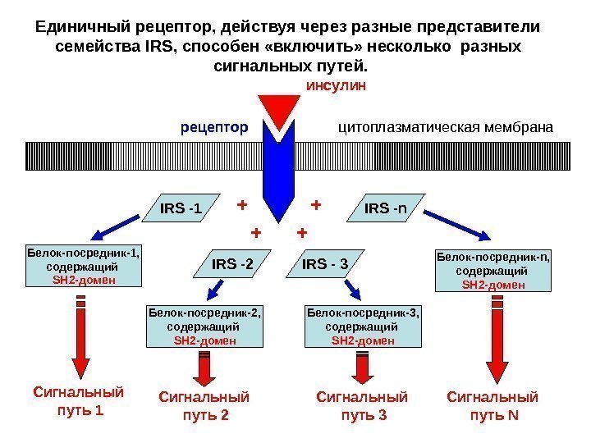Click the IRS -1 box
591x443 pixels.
(x=182, y=209)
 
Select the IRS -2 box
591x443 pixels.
(x=233, y=264)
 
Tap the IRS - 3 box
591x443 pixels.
(x=326, y=264)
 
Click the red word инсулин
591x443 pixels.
(x=336, y=84)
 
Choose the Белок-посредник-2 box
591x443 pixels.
(x=206, y=326)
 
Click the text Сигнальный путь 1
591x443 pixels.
(x=80, y=400)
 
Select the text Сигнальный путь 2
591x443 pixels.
(x=203, y=406)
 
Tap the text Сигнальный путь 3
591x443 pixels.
(x=362, y=406)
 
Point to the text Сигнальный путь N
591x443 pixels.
(x=493, y=406)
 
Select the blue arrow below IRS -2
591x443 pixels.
(x=217, y=289)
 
